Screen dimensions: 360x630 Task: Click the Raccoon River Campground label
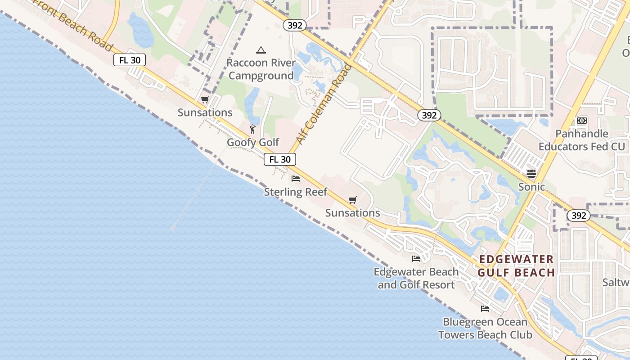coord(261,69)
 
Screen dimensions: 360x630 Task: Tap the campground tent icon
coord(261,50)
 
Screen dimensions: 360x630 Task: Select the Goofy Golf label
coord(253,142)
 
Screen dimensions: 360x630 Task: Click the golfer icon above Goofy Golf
coord(252,130)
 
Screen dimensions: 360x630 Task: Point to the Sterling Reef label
coord(296,192)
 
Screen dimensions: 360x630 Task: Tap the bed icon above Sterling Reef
coord(296,179)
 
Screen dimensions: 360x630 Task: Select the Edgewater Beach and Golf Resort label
coord(416,278)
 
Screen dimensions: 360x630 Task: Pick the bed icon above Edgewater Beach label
coord(416,259)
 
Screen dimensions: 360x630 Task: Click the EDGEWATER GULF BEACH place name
coord(516,266)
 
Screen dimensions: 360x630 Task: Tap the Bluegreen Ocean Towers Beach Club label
coord(485,328)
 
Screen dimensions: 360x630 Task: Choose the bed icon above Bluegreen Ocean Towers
coord(485,309)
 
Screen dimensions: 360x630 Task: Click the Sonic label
coord(531,187)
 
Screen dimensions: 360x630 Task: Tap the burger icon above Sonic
coord(531,174)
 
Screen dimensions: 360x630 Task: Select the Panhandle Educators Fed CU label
coord(582,140)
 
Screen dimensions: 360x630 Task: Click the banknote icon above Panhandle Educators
coord(582,121)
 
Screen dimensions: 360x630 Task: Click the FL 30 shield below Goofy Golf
coord(280,159)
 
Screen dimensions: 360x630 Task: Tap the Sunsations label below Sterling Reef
coord(353,213)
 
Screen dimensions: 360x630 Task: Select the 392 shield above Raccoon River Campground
coord(295,25)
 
